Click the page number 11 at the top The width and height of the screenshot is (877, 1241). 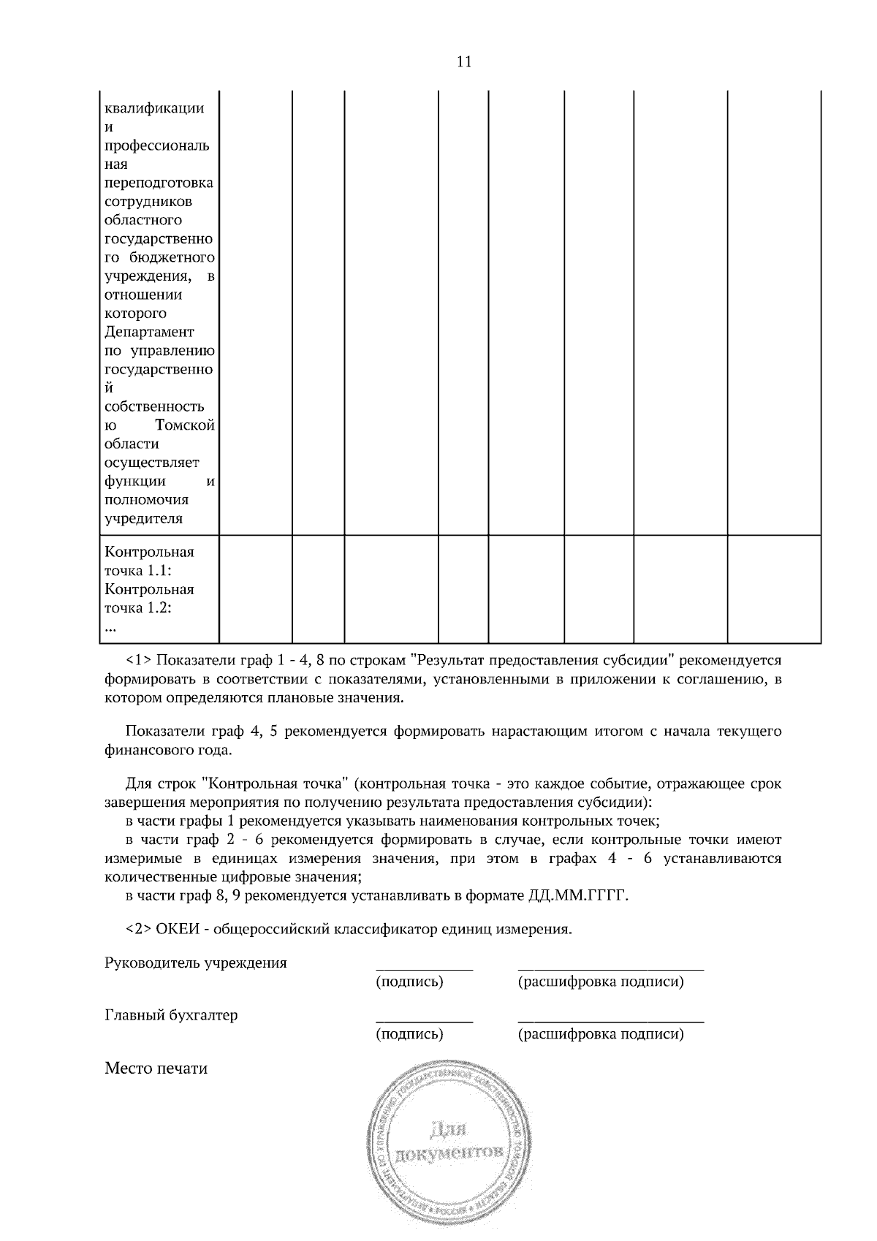click(x=464, y=61)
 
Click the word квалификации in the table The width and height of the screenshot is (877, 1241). click(x=154, y=108)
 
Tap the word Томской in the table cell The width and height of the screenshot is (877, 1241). click(x=185, y=425)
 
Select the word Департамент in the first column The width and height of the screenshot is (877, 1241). click(x=149, y=332)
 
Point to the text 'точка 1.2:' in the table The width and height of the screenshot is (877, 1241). click(x=138, y=607)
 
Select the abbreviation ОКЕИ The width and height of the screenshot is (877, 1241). click(x=178, y=930)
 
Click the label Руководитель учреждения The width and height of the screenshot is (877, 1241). click(x=196, y=963)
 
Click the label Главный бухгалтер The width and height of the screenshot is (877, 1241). click(x=171, y=1015)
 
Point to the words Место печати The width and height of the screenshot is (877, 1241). click(x=156, y=1069)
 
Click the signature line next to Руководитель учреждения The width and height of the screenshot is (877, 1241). click(x=424, y=967)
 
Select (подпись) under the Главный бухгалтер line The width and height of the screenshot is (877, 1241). click(x=409, y=1034)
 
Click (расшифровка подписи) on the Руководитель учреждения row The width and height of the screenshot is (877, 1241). click(x=601, y=982)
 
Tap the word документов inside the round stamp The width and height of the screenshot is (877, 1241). click(x=449, y=1154)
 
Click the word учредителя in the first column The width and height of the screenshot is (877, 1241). click(x=143, y=519)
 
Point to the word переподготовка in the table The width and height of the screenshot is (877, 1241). click(x=159, y=183)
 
